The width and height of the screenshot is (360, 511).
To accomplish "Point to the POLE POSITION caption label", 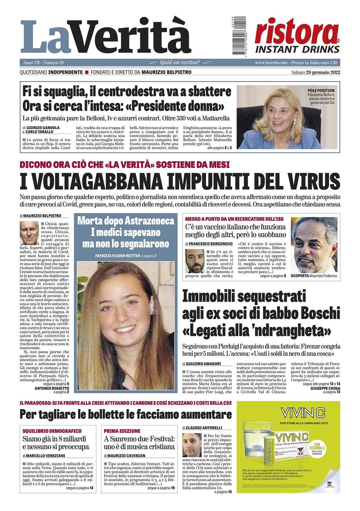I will pyautogui.click(x=321, y=90).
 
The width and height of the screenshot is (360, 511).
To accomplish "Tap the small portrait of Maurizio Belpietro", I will pyautogui.click(x=29, y=233).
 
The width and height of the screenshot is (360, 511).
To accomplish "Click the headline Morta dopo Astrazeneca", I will pyautogui.click(x=126, y=221).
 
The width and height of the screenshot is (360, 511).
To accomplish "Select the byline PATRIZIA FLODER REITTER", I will pyautogui.click(x=118, y=256).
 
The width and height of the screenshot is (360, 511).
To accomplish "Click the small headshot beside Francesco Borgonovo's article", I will pyautogui.click(x=195, y=261).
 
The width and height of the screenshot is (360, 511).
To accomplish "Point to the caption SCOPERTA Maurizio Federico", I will pyautogui.click(x=313, y=276).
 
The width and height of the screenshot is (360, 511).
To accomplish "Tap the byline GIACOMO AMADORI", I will pyautogui.click(x=203, y=364).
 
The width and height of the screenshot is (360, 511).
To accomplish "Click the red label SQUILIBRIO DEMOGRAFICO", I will pyautogui.click(x=52, y=431).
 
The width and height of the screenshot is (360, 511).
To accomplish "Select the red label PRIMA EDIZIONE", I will pyautogui.click(x=122, y=431).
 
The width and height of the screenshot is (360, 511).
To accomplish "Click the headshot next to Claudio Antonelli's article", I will pyautogui.click(x=192, y=445).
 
